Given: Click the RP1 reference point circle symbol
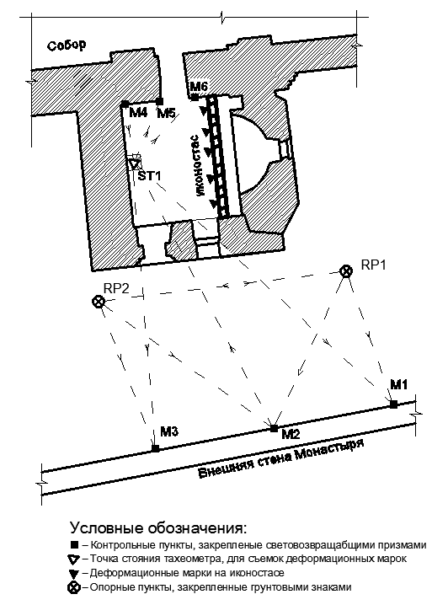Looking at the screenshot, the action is click(x=346, y=270).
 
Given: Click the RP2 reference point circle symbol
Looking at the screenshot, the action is click(x=99, y=302).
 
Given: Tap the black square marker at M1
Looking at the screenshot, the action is click(x=393, y=404).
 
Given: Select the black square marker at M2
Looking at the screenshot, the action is click(x=275, y=428).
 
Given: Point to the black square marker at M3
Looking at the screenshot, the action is click(x=156, y=448).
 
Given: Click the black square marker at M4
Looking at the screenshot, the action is click(x=125, y=104).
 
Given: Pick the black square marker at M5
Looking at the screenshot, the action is click(x=159, y=101).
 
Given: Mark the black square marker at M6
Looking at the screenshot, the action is click(x=195, y=97).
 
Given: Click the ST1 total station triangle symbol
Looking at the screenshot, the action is click(x=134, y=164).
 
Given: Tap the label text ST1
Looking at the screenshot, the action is click(x=150, y=176).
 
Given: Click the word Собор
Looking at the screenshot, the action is click(x=67, y=46).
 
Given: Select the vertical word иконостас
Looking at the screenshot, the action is click(x=198, y=166).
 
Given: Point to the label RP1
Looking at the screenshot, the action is click(x=373, y=265).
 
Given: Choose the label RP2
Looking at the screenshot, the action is click(x=116, y=289).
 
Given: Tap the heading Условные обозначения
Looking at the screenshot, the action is click(x=158, y=527).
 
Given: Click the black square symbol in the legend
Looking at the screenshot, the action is click(x=74, y=545).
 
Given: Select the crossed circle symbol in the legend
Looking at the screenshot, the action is click(x=73, y=588).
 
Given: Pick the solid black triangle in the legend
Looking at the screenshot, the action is click(x=73, y=574).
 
